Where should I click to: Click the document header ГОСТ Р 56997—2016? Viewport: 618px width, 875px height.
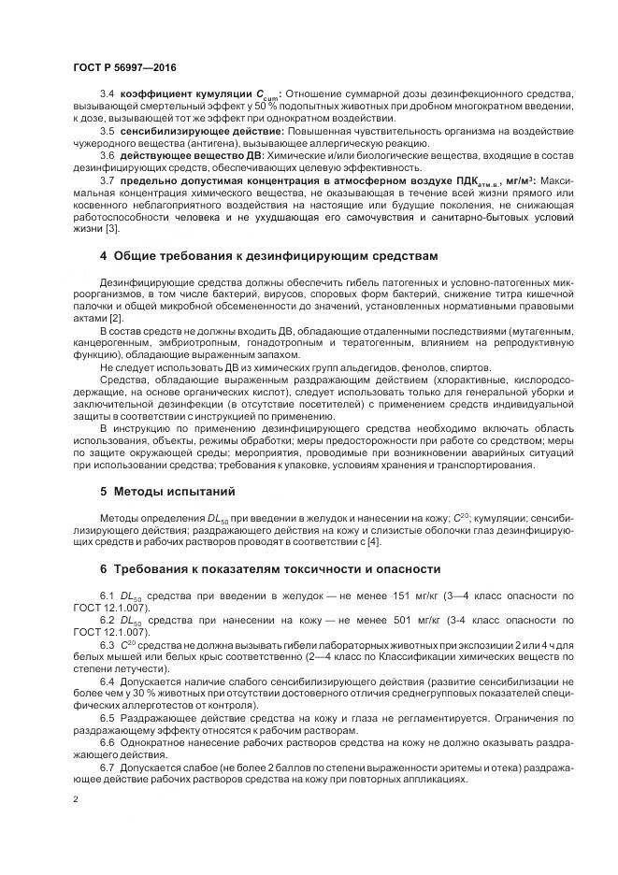pyautogui.click(x=123, y=68)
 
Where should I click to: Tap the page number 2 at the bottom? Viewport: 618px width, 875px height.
pyautogui.click(x=75, y=799)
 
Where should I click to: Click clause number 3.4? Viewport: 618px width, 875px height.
pyautogui.click(x=106, y=95)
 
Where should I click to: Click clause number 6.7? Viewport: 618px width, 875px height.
pyautogui.click(x=106, y=767)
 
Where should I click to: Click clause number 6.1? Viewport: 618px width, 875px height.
pyautogui.click(x=106, y=595)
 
